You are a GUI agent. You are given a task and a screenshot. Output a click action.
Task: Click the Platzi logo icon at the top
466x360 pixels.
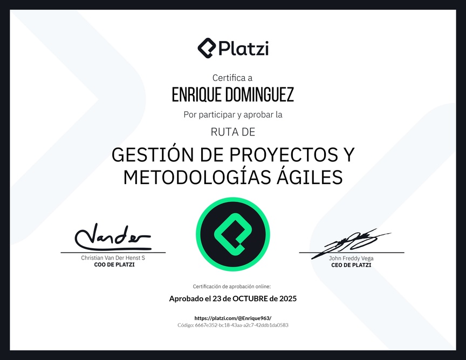click(x=207, y=48)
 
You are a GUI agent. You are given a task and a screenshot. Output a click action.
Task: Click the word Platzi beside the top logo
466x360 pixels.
click(x=244, y=49)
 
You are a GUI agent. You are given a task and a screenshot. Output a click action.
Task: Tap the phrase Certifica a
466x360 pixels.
click(x=232, y=78)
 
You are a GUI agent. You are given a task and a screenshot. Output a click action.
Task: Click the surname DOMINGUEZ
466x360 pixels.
click(x=259, y=94)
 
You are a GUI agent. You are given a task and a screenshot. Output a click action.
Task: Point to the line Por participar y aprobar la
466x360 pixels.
click(x=233, y=114)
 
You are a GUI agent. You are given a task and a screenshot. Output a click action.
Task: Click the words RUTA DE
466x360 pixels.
click(x=233, y=132)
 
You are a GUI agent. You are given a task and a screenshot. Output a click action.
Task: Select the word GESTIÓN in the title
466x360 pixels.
click(x=153, y=154)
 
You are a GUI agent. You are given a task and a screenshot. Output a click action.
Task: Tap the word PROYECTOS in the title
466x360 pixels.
click(x=284, y=155)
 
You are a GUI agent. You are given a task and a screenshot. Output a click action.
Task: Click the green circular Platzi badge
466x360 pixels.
click(x=233, y=234)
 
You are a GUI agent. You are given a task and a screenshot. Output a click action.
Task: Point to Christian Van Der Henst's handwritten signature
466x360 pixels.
click(x=113, y=237)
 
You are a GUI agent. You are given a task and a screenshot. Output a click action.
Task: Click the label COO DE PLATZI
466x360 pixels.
click(x=114, y=264)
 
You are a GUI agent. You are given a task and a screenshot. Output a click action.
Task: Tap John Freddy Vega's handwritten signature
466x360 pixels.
click(x=351, y=242)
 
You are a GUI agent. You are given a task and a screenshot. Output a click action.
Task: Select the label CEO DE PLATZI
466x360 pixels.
click(x=351, y=265)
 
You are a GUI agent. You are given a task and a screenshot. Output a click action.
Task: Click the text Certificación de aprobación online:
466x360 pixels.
click(x=232, y=287)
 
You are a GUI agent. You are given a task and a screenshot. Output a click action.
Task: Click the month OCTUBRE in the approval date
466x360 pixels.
click(x=250, y=298)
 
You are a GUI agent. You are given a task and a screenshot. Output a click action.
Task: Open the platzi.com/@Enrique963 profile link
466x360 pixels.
click(x=233, y=318)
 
